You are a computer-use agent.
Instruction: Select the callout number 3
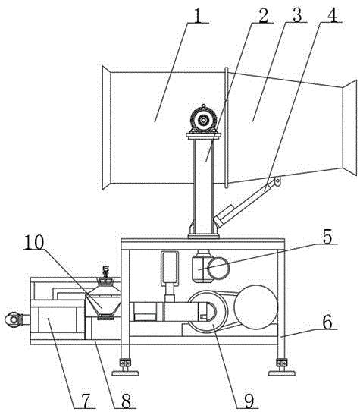(296, 15)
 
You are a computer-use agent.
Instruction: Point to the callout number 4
(331, 15)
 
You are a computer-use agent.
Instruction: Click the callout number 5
(327, 237)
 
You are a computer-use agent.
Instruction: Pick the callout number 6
(327, 322)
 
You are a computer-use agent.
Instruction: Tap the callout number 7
(86, 401)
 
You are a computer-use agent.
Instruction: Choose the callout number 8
(127, 401)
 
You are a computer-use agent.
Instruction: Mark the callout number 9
(249, 401)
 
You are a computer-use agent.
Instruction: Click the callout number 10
(34, 242)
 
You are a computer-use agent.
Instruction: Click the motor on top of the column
(203, 121)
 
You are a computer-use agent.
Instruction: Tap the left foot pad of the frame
(125, 373)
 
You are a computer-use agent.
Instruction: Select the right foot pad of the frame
(282, 373)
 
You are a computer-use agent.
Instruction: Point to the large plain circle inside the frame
(256, 307)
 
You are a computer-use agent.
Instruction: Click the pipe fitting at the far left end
(13, 319)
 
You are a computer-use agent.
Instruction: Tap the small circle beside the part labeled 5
(218, 269)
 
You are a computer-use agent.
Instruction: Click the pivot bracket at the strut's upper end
(277, 182)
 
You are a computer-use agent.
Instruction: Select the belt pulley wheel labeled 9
(208, 312)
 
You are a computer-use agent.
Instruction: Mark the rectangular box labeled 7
(58, 320)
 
